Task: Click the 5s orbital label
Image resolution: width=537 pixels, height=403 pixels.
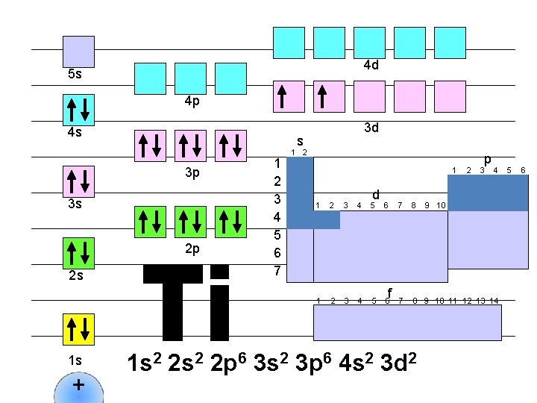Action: (75, 75)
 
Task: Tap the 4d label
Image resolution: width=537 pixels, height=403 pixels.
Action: (371, 65)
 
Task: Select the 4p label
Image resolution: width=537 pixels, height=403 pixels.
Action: (192, 101)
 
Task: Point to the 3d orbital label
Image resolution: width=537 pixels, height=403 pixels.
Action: (371, 128)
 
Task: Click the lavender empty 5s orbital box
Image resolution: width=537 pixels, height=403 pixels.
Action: (78, 51)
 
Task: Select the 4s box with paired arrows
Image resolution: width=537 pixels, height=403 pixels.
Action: (78, 110)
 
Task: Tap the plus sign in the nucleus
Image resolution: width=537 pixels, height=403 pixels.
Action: (78, 386)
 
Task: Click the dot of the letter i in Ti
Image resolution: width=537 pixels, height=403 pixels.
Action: (219, 272)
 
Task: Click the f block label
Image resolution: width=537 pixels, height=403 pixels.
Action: (389, 292)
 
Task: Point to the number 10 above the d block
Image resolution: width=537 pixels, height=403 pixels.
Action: (441, 205)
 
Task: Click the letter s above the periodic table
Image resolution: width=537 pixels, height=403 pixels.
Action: (299, 140)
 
